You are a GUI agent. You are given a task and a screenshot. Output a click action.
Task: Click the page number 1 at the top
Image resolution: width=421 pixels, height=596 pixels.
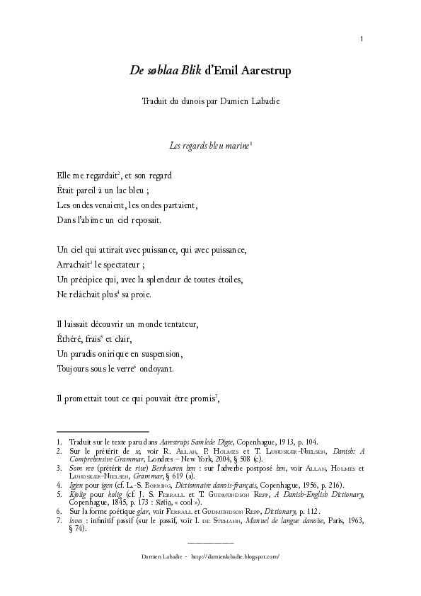(x=362, y=38)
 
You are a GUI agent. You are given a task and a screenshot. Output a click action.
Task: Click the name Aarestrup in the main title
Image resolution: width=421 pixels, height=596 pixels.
(x=264, y=71)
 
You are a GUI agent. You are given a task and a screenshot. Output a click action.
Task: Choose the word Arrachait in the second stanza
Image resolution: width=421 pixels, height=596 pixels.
(x=72, y=265)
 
